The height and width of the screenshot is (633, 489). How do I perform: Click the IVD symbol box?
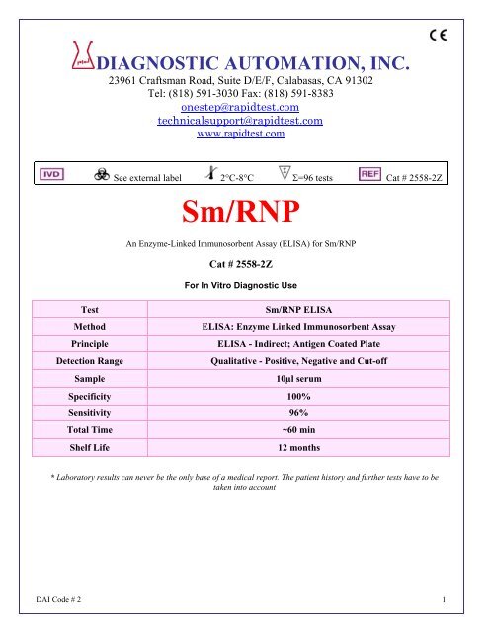[x=51, y=173]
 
